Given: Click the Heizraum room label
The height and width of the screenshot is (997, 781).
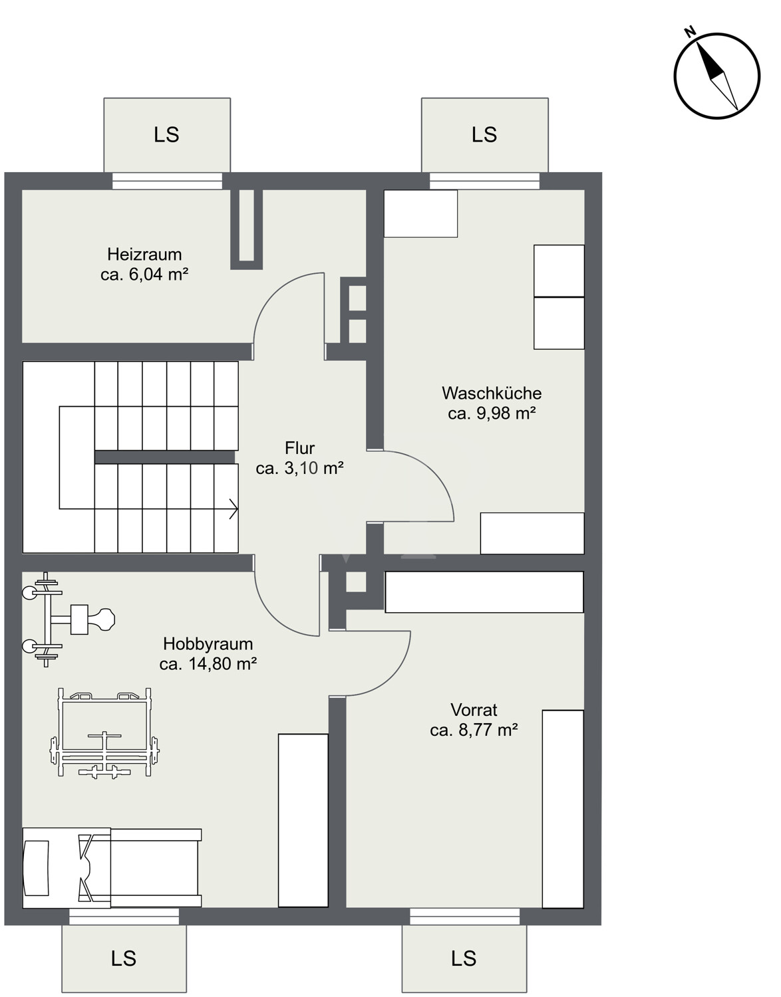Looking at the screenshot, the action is [x=144, y=254].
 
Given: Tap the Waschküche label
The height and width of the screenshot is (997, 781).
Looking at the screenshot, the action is [x=492, y=393].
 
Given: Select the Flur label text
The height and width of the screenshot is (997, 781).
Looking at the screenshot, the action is [x=300, y=448].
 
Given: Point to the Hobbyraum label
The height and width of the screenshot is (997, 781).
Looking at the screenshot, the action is [x=208, y=644].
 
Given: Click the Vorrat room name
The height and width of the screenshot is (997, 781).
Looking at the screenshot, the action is [x=474, y=711].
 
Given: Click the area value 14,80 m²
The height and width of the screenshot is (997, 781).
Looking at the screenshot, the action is [x=223, y=664].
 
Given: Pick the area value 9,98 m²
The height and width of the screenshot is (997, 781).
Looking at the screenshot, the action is [x=506, y=413].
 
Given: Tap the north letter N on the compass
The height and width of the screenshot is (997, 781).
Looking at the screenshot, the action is [x=690, y=32].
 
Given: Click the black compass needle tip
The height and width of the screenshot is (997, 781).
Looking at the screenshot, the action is [x=697, y=43].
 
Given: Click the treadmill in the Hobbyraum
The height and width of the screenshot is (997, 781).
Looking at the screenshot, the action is [x=112, y=867].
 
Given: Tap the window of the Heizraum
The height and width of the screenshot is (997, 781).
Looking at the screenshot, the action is [x=167, y=181].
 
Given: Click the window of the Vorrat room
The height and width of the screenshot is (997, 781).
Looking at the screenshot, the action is [x=464, y=917].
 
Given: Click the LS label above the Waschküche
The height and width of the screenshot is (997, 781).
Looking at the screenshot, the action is [x=484, y=135].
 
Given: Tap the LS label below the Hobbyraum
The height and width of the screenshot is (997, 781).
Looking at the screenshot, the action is [x=124, y=959].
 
